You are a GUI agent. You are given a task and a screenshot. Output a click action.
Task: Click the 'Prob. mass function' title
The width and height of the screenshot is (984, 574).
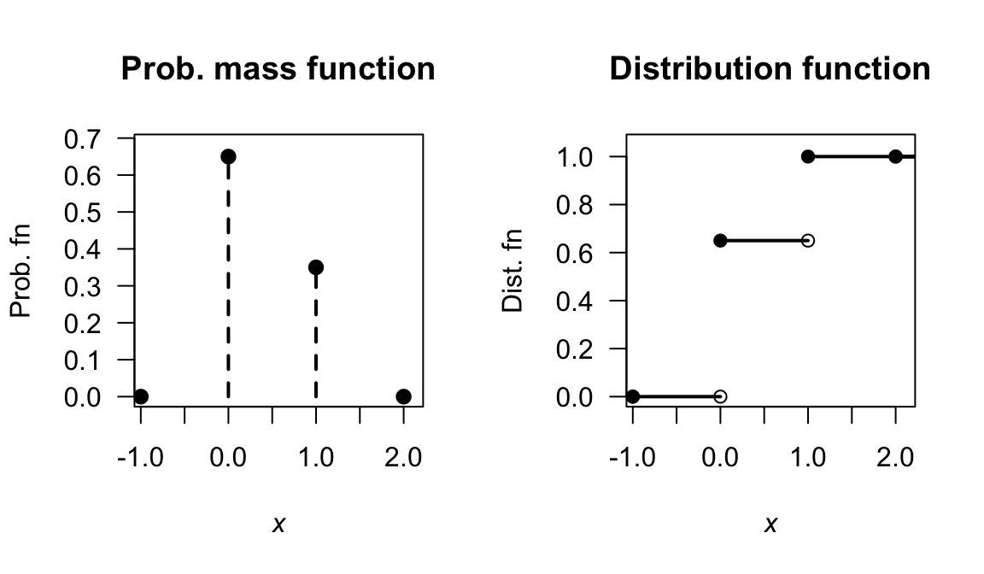coord(278,68)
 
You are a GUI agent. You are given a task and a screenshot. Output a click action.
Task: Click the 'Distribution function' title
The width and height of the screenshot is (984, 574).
coord(770,68)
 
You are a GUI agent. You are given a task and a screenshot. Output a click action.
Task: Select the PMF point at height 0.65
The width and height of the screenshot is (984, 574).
coord(228,156)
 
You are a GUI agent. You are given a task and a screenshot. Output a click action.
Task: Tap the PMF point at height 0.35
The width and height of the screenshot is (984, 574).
coord(316,267)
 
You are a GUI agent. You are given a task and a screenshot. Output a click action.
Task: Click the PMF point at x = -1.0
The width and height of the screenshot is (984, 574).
coord(141,396)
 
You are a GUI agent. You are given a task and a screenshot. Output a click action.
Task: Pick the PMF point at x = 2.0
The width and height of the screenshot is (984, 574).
coord(404,396)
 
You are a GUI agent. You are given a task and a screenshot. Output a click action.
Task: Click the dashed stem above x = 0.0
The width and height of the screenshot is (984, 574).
coord(228,282)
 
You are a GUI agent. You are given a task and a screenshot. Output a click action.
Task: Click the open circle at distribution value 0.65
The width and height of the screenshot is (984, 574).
coord(808,240)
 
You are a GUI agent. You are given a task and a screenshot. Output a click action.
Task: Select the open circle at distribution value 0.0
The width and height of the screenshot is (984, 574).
coord(720,396)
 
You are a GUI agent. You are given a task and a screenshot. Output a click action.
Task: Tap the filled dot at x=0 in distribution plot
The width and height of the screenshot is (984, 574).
coord(720,240)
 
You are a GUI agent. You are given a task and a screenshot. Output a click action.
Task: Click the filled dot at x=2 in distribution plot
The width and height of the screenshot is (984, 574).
coord(895,156)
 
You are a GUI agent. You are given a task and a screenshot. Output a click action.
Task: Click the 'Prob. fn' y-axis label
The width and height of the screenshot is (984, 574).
coord(22,270)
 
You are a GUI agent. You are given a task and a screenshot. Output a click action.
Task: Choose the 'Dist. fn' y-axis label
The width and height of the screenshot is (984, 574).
coord(512,270)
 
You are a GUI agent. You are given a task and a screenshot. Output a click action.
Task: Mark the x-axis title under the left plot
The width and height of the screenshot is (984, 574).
coord(278,524)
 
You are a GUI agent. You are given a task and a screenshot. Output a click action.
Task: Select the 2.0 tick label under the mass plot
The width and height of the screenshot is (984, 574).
coord(403,457)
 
